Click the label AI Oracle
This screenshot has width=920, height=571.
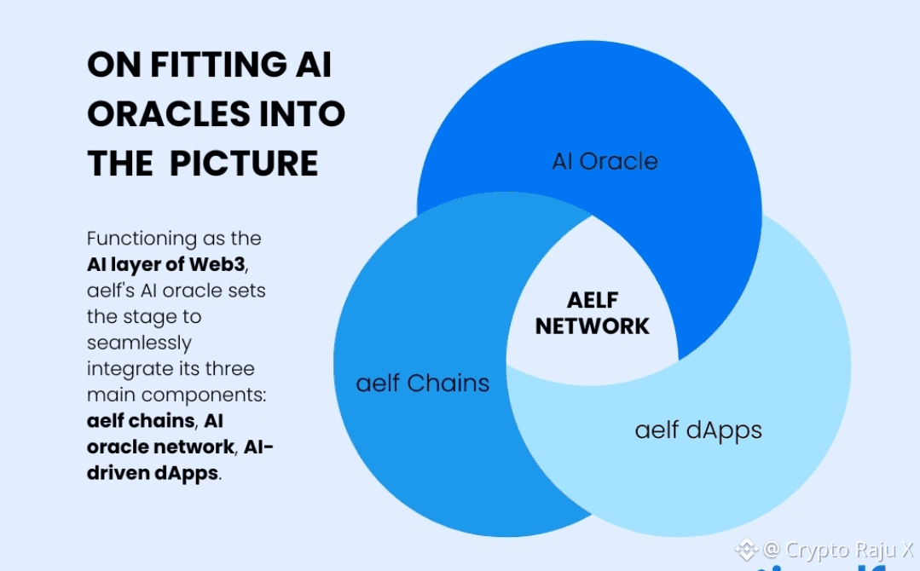click(605, 161)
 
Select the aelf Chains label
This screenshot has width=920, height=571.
click(423, 383)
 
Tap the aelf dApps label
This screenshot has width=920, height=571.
click(698, 430)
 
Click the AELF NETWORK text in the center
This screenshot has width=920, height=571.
click(593, 313)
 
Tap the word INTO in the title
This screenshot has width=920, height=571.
click(303, 114)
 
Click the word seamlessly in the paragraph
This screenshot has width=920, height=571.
click(139, 343)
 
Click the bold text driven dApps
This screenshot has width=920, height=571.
click(153, 473)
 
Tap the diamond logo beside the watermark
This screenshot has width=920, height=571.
click(747, 550)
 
